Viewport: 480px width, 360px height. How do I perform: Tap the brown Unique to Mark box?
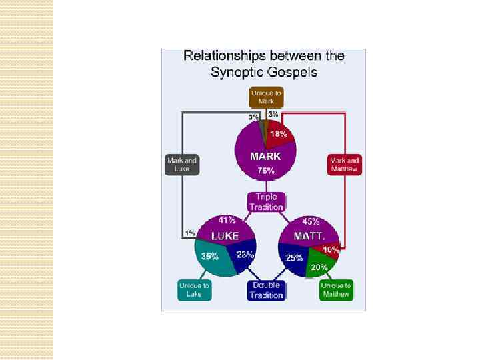click(267, 97)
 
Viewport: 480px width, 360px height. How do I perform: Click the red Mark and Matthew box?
click(345, 165)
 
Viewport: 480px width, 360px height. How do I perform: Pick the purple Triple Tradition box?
click(267, 202)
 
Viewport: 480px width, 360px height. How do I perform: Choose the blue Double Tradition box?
click(267, 290)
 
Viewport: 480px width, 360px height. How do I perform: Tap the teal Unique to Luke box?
click(193, 290)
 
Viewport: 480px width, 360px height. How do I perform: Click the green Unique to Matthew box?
click(335, 290)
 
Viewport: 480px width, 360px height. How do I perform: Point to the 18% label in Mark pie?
click(279, 134)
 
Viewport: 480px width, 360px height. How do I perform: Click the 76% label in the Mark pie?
click(265, 171)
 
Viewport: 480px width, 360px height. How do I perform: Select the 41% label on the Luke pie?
click(227, 221)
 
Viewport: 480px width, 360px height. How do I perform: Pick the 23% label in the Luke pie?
click(245, 254)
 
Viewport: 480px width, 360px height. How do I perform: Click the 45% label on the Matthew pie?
click(311, 221)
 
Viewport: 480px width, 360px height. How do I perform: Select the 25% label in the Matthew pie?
click(294, 257)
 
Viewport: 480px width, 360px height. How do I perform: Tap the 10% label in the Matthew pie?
click(331, 249)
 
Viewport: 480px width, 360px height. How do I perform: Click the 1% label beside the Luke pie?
click(190, 233)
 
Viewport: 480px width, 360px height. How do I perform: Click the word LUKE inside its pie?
click(225, 236)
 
